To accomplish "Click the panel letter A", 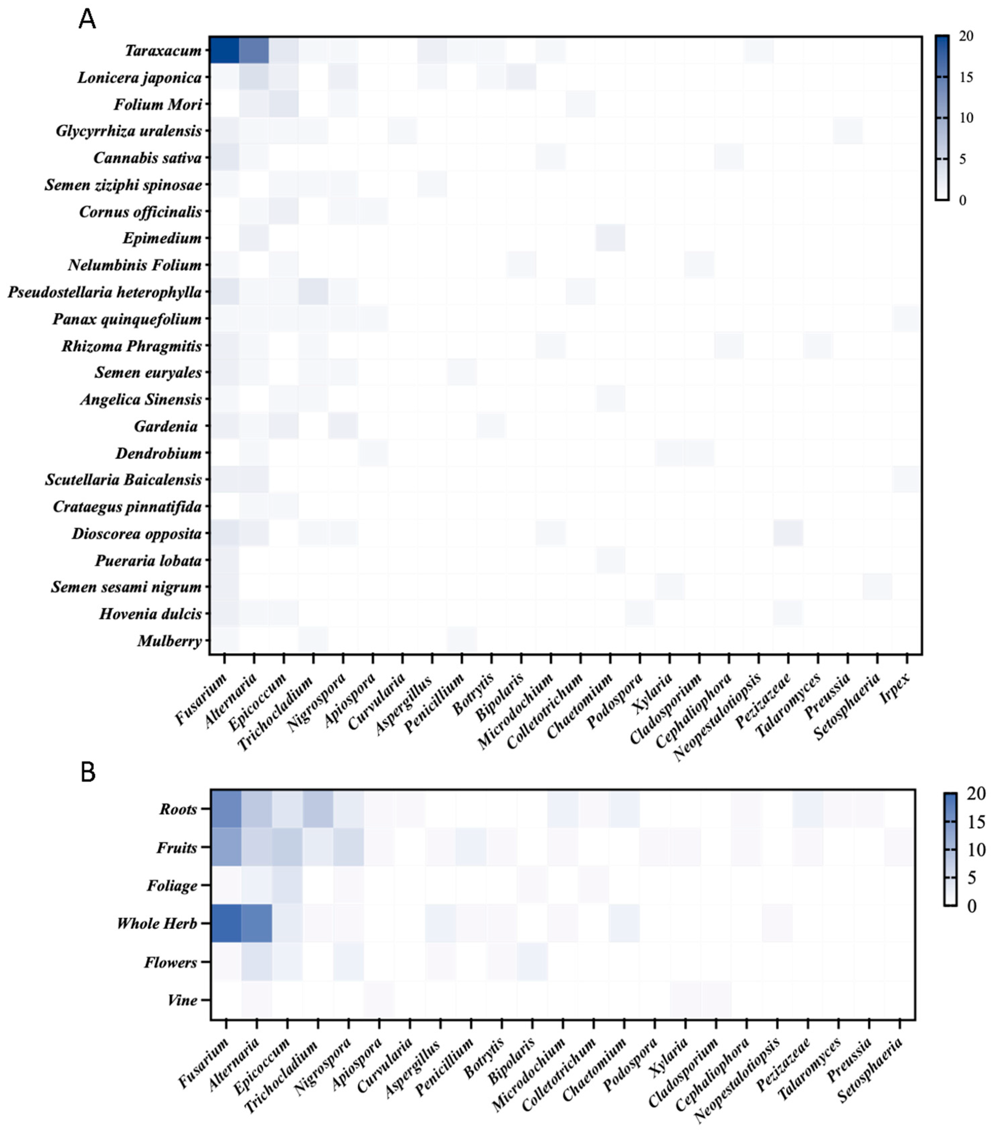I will [87, 20].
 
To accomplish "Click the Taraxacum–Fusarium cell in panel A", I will [224, 51].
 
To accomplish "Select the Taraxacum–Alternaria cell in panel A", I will [254, 51].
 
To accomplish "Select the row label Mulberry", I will [169, 641].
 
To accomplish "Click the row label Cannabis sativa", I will [147, 158].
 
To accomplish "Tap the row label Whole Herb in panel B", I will [157, 923].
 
